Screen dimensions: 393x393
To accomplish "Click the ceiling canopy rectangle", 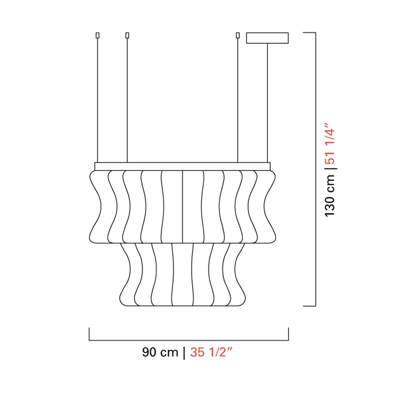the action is [267, 38].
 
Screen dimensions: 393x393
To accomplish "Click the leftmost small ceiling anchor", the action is [97, 35].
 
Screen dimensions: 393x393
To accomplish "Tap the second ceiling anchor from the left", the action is [127, 35].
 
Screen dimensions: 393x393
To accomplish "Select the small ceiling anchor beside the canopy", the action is [238, 35].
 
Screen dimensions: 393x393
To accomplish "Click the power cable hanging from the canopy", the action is [267, 103].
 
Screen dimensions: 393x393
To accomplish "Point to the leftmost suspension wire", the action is [97, 100].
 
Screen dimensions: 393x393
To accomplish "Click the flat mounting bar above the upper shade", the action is [182, 167].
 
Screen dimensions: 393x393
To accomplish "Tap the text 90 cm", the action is [160, 352].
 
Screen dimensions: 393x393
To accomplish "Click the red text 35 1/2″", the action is [211, 352].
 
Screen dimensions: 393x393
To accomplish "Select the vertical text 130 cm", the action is [330, 195].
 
